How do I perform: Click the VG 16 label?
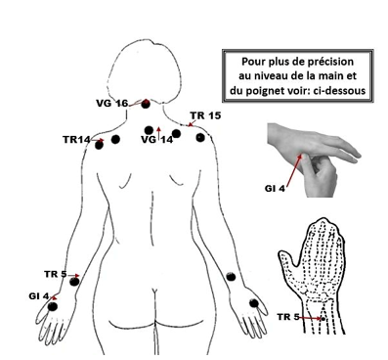coord(111,104)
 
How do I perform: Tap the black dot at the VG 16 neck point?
coord(146,105)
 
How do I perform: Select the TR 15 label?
coord(205,115)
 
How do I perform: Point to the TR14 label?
coord(76,140)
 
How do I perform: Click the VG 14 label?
coord(157,140)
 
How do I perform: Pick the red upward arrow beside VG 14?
coord(158,134)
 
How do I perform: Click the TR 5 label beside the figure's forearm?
coord(56,274)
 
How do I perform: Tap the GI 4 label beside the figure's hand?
coord(39,296)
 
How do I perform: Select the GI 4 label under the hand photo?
coord(275,189)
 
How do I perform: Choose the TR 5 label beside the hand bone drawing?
coord(288,316)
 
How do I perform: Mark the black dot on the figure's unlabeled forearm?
coord(231,277)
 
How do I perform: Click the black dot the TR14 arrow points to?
coord(99,145)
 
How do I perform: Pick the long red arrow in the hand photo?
coord(294,170)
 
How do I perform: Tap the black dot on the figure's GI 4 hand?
coord(52,306)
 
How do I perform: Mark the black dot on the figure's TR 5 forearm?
coord(74,282)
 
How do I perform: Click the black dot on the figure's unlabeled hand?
coord(254,303)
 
